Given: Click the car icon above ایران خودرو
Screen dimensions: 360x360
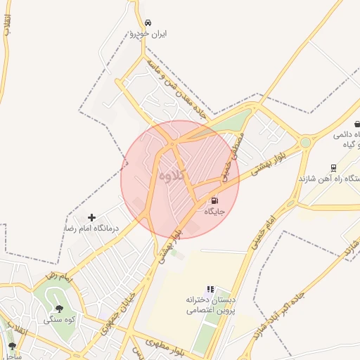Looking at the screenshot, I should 147,22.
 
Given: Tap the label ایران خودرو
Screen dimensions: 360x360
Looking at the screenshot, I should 148,34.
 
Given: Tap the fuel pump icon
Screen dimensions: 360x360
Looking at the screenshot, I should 214,200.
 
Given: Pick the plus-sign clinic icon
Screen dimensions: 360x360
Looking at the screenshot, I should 91,218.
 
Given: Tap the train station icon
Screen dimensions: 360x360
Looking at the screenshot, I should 333,168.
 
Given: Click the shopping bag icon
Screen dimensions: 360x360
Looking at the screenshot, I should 356,124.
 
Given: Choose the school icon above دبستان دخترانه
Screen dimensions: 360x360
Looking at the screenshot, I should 210,289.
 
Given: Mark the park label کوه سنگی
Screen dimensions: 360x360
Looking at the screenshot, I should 58,319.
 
